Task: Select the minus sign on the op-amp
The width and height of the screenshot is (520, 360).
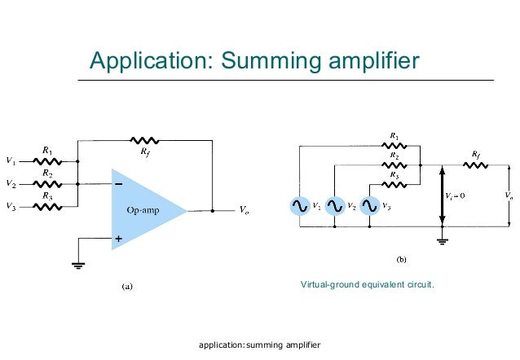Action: point(119,184)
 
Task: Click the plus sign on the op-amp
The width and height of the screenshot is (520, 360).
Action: point(119,239)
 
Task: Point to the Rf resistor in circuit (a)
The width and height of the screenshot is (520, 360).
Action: point(145,140)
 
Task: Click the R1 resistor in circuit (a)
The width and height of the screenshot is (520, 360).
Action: point(48,160)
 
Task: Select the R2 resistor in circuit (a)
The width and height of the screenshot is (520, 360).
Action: point(48,184)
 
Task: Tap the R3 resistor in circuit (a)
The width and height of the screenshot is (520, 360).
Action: point(48,207)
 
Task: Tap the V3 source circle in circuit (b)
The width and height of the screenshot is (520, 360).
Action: point(371,207)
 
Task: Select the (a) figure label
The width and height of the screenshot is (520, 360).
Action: point(126,285)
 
